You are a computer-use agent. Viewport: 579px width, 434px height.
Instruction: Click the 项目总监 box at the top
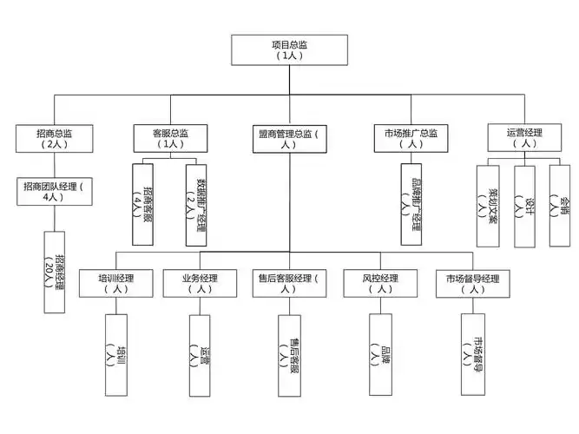point(289,49)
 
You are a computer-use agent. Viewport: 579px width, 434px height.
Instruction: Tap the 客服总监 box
point(170,139)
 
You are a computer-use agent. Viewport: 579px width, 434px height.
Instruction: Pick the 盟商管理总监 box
point(289,139)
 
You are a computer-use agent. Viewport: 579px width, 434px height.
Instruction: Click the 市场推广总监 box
point(411,139)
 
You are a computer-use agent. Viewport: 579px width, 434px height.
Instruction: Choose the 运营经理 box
point(523,138)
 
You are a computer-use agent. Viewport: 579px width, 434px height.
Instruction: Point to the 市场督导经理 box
point(472,284)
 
